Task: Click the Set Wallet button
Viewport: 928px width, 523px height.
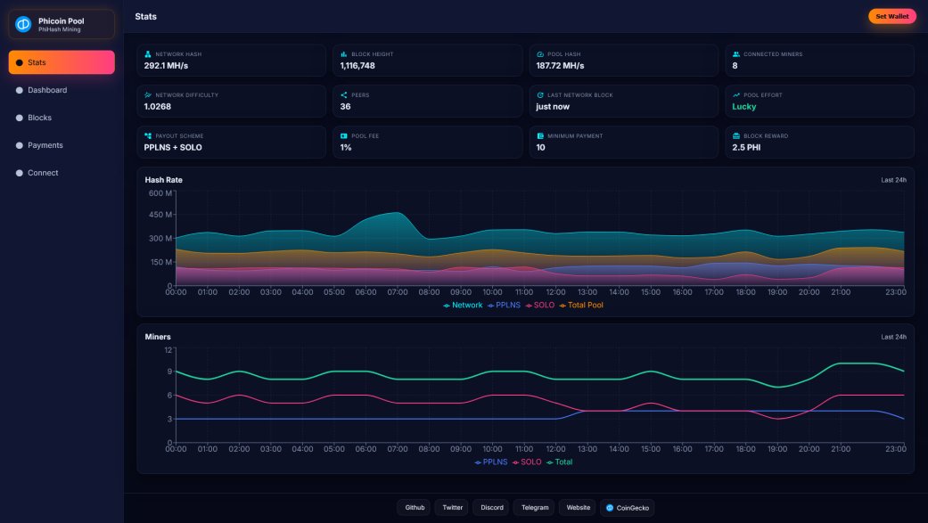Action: click(891, 16)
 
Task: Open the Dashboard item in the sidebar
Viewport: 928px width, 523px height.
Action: click(46, 90)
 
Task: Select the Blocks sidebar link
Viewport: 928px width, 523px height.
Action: click(39, 118)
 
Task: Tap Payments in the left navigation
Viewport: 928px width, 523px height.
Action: click(45, 145)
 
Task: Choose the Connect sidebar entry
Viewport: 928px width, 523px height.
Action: click(43, 173)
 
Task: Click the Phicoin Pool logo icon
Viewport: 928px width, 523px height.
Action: click(23, 24)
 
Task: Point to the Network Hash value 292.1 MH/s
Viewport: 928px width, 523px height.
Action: click(166, 66)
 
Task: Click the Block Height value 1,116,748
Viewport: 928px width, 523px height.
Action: click(357, 66)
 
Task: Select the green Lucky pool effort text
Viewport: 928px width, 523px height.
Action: click(743, 107)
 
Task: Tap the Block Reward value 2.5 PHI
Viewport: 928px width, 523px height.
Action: click(746, 148)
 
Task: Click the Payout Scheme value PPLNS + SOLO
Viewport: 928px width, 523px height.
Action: click(173, 148)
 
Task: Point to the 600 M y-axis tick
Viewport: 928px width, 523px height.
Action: click(160, 192)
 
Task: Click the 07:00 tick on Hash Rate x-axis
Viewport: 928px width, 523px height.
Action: click(398, 292)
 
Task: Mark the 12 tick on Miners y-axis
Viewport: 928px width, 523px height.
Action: click(168, 349)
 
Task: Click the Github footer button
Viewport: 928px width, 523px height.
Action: click(415, 508)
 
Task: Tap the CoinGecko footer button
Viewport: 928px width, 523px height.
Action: click(628, 508)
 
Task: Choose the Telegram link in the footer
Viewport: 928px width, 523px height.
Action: click(534, 508)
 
